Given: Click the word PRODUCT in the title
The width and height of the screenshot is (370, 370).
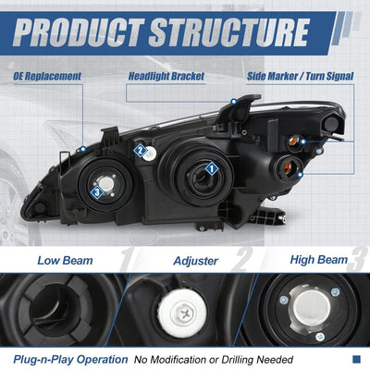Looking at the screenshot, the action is pos(78,32).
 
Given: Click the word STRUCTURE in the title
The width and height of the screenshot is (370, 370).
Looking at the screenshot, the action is pos(228,32).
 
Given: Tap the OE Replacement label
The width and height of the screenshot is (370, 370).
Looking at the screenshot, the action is pos(47,76).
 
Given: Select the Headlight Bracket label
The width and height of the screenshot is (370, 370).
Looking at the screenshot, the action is pos(166,76).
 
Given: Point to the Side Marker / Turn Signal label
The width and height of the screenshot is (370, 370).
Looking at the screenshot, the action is pos(301,76).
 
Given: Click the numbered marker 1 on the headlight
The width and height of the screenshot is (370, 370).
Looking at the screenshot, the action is pos(212,168).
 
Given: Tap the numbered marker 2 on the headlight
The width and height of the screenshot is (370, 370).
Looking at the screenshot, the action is pos(141,151).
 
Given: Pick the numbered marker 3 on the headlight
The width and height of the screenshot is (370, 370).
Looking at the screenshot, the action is pos(97,192).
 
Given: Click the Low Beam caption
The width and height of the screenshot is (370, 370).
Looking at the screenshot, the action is pos(65,261).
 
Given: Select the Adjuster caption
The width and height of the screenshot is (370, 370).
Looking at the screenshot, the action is pos(195,261).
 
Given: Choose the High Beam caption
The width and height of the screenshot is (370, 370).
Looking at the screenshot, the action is pos(319,260).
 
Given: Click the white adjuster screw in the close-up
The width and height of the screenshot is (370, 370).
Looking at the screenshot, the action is pos(182,313).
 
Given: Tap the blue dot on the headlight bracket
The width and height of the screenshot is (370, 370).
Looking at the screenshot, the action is pos(234,101).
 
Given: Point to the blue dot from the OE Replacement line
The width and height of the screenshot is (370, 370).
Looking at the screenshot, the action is pos(82,150).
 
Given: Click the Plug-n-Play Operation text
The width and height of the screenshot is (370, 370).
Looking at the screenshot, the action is pos(70,360).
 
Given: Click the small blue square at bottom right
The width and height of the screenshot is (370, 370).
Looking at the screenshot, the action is pos(356,359).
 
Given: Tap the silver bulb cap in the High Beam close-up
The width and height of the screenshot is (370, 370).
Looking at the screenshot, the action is pos(312,307).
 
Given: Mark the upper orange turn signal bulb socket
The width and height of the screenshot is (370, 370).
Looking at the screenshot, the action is pos(293,142).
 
